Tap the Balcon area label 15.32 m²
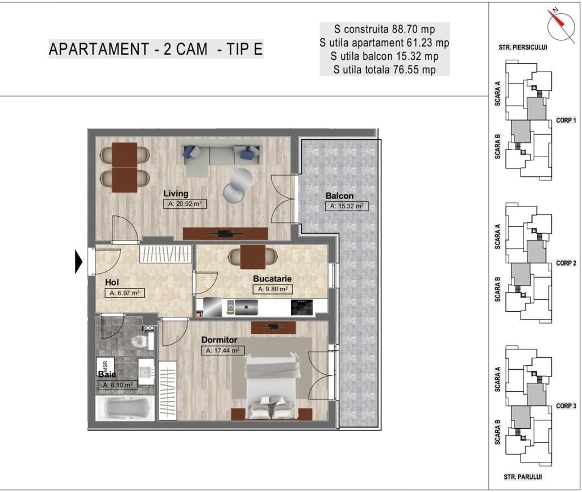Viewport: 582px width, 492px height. pos(346,206)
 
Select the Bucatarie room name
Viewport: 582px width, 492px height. pos(272,279)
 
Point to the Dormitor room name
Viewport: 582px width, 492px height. pos(219,340)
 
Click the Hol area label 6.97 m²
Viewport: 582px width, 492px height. pos(122,293)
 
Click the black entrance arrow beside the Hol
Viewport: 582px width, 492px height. pos(79,262)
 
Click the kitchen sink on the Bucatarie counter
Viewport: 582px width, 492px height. pos(247,307)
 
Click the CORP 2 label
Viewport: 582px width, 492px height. pos(566,263)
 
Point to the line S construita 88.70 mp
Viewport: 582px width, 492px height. pos(384,29)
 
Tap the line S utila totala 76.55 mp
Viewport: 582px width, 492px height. pos(384,70)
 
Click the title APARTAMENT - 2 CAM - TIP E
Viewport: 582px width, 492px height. pos(156,49)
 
